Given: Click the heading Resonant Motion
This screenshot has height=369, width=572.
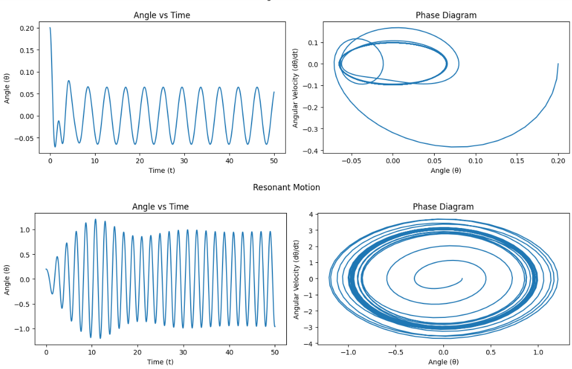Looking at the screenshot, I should click(x=286, y=187).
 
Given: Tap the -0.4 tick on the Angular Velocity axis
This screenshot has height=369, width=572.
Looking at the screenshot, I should click(x=312, y=151).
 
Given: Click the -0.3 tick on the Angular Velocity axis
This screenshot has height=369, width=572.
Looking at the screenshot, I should click(x=312, y=129).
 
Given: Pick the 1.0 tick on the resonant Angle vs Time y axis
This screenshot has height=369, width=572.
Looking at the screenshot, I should click(x=24, y=230).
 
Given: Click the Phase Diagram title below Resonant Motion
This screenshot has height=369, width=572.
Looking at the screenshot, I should click(x=443, y=207).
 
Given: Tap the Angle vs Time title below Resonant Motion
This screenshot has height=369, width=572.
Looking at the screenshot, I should click(x=160, y=207).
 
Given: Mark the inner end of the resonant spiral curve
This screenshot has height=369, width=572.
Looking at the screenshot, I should click(x=462, y=278).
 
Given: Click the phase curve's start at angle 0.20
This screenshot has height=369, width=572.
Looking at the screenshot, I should click(x=558, y=64).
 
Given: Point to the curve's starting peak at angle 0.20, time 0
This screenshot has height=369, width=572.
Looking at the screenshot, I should click(x=50, y=27).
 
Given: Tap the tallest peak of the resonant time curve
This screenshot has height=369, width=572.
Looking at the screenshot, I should click(x=95, y=219).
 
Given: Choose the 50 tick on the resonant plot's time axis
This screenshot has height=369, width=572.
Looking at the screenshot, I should click(x=275, y=352).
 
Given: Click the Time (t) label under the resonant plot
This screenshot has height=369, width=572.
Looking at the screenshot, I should click(x=160, y=361).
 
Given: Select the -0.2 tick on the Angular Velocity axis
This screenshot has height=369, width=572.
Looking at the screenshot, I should click(x=312, y=108).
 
